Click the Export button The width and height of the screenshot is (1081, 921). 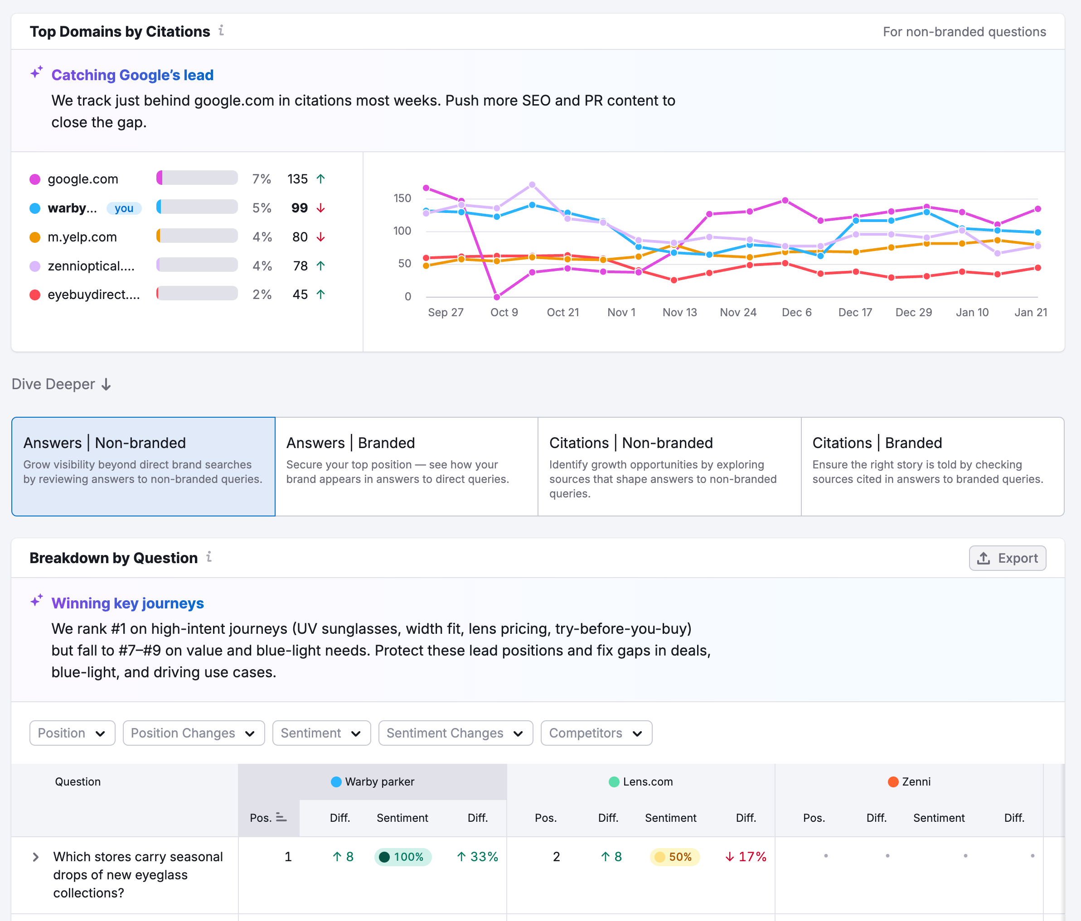1007,558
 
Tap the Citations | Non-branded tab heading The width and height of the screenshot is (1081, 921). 631,443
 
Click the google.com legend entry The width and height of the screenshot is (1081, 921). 82,179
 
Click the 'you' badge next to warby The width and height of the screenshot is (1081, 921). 124,208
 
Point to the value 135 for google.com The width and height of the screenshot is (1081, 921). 297,179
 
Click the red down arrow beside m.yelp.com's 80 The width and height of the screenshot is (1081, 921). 321,237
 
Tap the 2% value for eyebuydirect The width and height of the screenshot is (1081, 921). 262,294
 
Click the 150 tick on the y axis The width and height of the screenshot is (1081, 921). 402,198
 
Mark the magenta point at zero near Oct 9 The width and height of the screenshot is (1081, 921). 497,297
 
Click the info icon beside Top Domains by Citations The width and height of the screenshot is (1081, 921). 221,30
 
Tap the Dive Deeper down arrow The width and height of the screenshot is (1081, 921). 106,384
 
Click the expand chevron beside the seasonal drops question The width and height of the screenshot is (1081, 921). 35,857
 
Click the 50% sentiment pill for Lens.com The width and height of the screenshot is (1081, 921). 674,857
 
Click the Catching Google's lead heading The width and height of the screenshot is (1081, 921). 132,75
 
